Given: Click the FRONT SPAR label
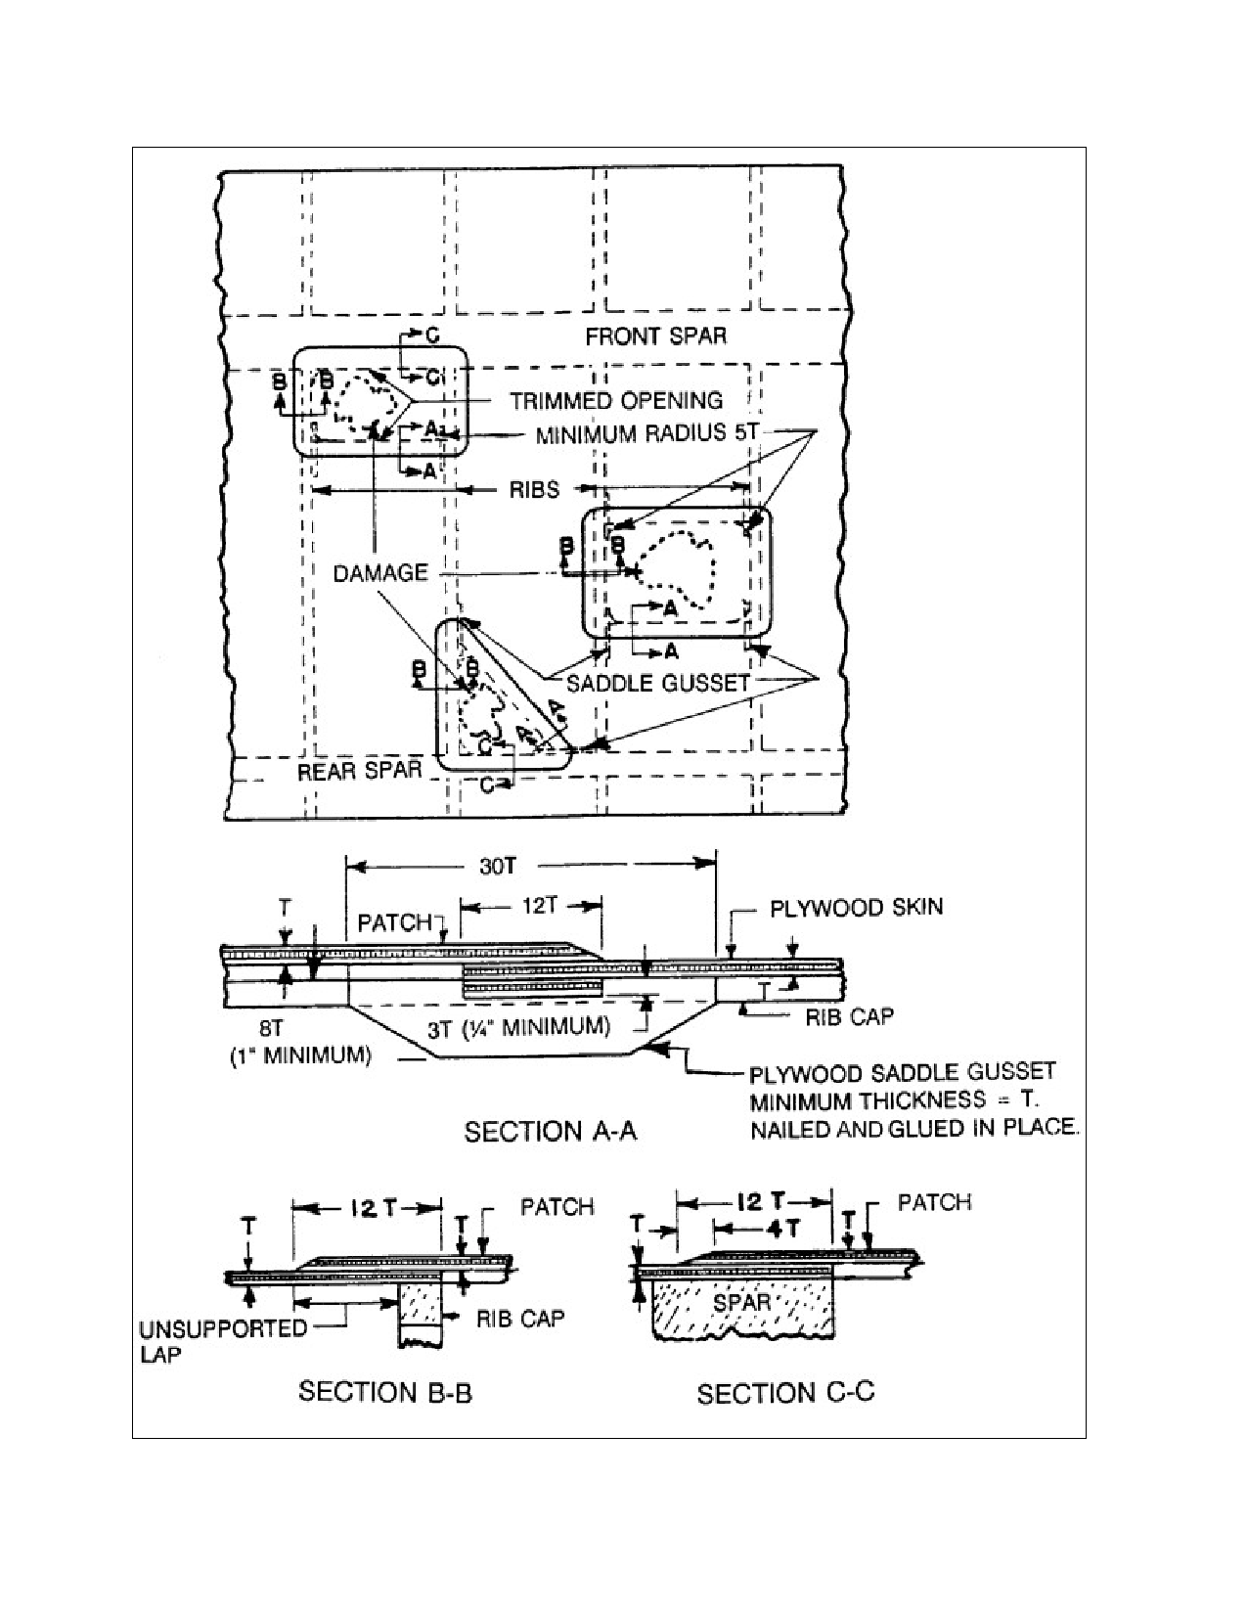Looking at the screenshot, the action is (656, 336).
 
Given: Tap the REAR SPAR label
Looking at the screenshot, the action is (360, 771).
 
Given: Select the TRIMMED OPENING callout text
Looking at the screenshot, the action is (616, 401).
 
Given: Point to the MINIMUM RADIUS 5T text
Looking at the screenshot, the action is (646, 433).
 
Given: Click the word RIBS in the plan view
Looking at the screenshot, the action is (534, 489).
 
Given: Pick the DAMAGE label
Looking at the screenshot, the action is (380, 573).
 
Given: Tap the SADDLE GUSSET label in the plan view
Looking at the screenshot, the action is (658, 683).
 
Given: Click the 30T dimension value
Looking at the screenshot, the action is (498, 866).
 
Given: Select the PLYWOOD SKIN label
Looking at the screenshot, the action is (857, 908).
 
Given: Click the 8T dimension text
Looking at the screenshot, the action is (271, 1029).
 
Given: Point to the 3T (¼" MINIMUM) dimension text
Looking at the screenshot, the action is (518, 1028).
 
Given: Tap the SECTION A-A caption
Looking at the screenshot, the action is (551, 1131).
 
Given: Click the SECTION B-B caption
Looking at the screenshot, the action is (384, 1392).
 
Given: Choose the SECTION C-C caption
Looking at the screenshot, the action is (785, 1393).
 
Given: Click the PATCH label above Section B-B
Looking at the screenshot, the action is (557, 1207).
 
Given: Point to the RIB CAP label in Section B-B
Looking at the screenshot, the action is (520, 1319).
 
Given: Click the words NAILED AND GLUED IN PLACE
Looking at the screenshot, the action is (913, 1128).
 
